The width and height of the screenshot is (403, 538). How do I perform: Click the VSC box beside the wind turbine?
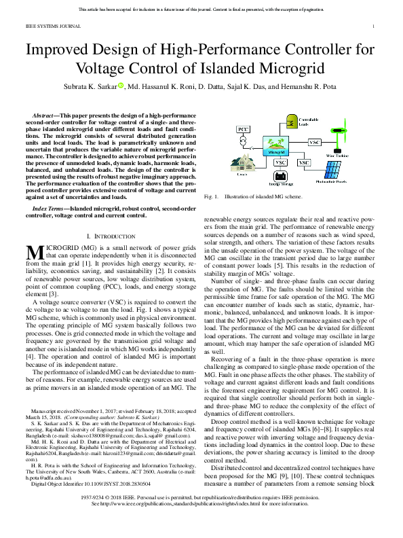tap(315, 143)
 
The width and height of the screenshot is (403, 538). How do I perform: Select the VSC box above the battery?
tap(280, 163)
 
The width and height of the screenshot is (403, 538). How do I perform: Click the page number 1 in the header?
tap(375, 27)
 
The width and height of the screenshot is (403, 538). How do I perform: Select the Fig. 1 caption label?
tap(211, 197)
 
